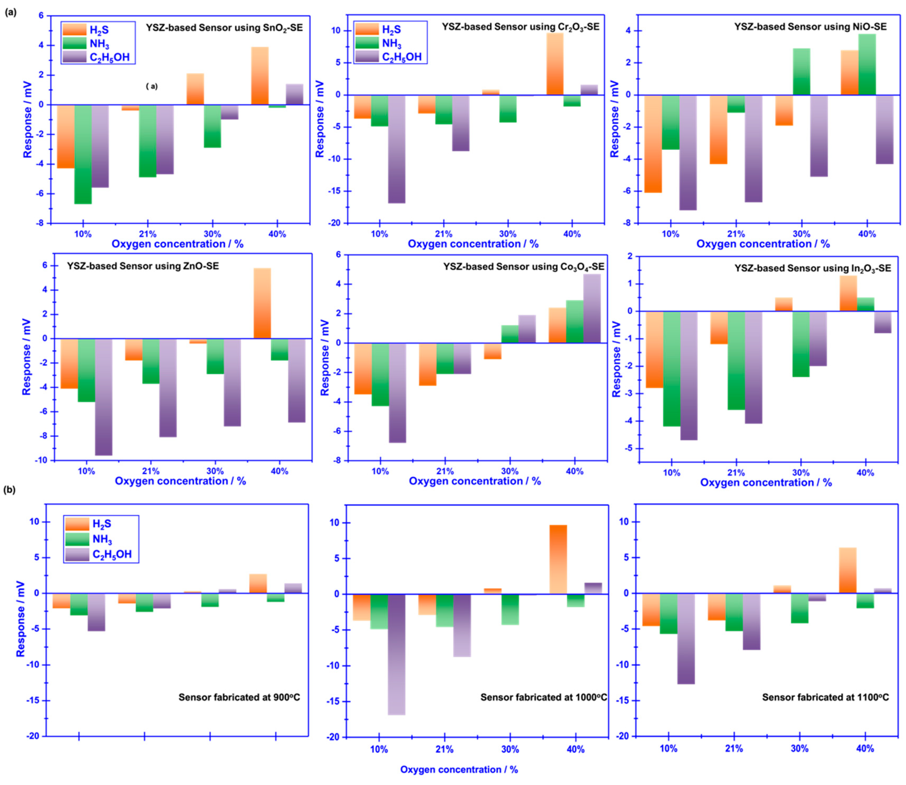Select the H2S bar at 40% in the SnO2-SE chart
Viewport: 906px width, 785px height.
[260, 76]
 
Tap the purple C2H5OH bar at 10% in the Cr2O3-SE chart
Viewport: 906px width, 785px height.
[397, 149]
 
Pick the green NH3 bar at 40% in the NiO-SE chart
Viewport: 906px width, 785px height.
[866, 64]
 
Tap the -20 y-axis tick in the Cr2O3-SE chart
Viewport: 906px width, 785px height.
[336, 223]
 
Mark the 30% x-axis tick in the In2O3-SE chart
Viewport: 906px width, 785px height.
[801, 473]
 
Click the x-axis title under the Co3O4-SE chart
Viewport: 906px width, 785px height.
[475, 481]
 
